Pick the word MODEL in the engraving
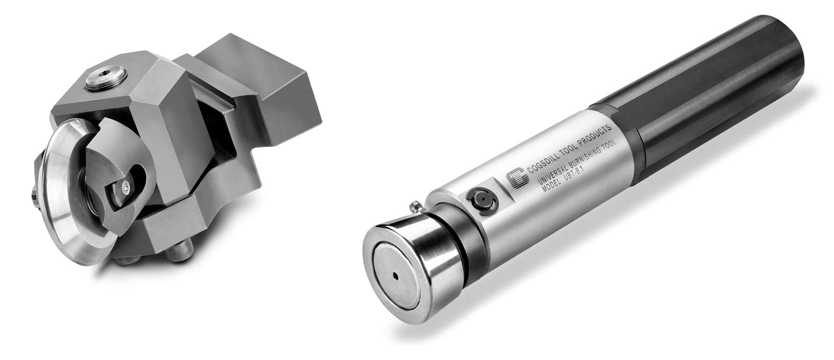point(551,185)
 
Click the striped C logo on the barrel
point(518,178)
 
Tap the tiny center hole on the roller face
point(396,277)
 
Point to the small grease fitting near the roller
point(415,206)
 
